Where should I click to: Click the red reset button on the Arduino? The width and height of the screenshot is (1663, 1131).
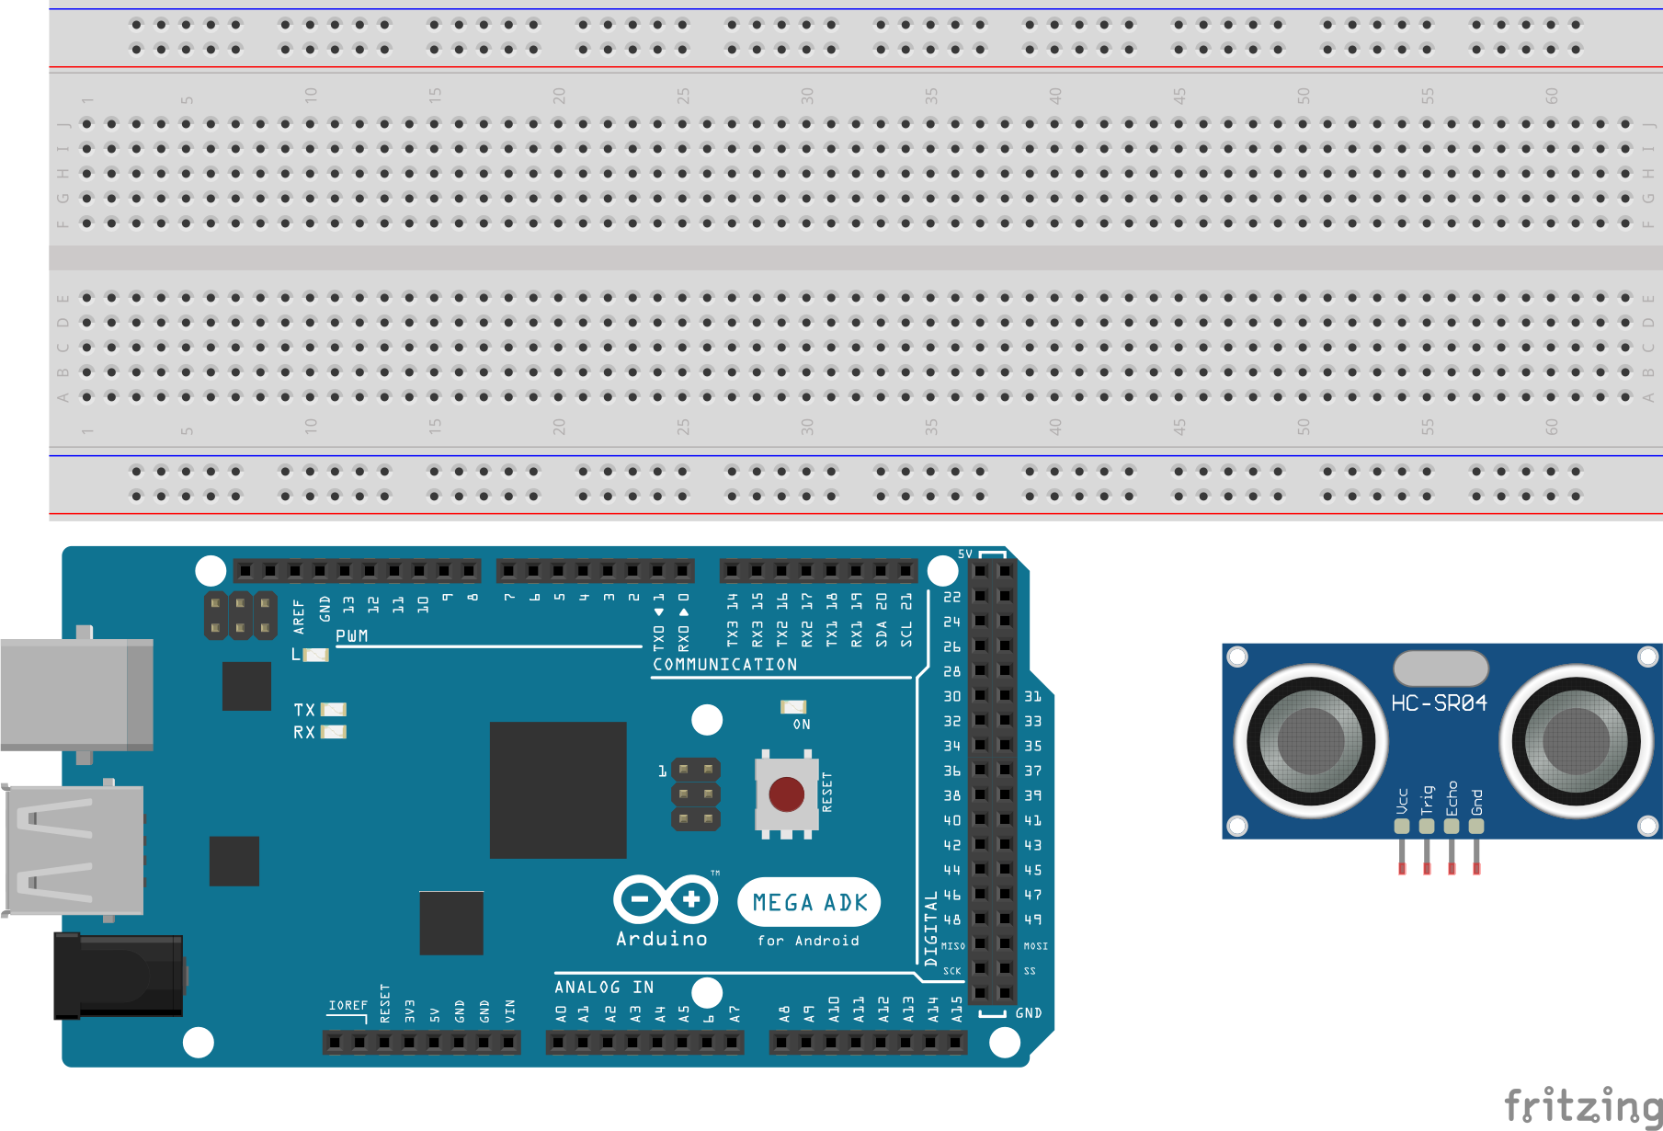786,794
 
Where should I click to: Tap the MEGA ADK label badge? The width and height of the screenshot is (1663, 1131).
809,903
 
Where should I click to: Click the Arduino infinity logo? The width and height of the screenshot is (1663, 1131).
666,899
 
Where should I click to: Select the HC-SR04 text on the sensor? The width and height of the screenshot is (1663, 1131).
1439,703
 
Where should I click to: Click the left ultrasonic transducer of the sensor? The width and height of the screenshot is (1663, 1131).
1310,741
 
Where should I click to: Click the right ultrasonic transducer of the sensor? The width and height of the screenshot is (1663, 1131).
1576,741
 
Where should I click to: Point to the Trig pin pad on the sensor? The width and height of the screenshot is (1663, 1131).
1427,826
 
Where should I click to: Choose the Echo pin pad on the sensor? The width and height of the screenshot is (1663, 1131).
1452,826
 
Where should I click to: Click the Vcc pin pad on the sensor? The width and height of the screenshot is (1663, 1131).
1402,826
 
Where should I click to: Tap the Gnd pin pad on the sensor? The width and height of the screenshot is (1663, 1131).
1476,826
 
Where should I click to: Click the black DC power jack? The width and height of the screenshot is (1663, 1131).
119,976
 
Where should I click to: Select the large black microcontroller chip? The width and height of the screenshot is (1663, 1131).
558,790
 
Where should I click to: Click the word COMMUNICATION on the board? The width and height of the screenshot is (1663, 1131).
725,664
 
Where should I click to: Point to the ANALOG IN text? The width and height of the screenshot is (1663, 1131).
604,987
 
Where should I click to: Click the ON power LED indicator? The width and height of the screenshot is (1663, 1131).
793,706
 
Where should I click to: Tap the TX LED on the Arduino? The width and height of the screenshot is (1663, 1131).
333,709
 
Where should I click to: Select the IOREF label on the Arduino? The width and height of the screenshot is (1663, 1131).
347,1005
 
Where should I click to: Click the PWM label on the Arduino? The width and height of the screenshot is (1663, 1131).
352,636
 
